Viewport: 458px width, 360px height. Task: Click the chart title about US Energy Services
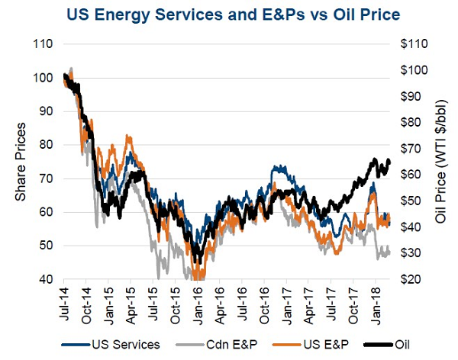[x=229, y=14]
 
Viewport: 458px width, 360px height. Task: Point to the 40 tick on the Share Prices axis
[x=45, y=279]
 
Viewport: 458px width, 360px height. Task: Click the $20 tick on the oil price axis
[x=412, y=279]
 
